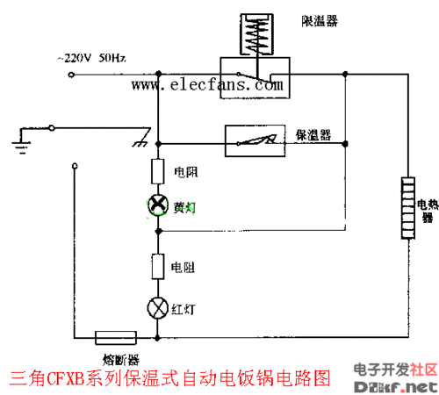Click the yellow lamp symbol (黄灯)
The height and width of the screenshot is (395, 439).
point(158,205)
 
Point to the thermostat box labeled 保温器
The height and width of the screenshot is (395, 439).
point(255,140)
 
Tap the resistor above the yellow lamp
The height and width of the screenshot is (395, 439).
point(158,170)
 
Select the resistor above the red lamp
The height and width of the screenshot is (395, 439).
point(158,266)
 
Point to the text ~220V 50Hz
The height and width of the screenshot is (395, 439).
point(92,58)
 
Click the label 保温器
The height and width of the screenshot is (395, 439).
point(313,135)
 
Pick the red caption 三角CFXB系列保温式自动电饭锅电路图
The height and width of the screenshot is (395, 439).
point(171,379)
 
